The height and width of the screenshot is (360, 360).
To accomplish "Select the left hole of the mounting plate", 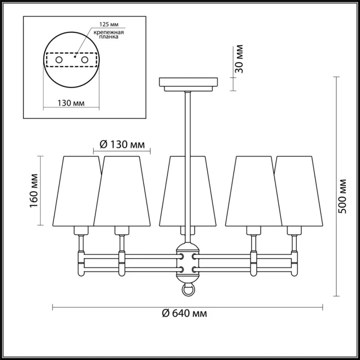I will tap(59, 60).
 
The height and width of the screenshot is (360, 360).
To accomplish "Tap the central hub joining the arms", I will tap(188, 262).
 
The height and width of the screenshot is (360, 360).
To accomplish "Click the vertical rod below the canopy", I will tap(188, 123).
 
